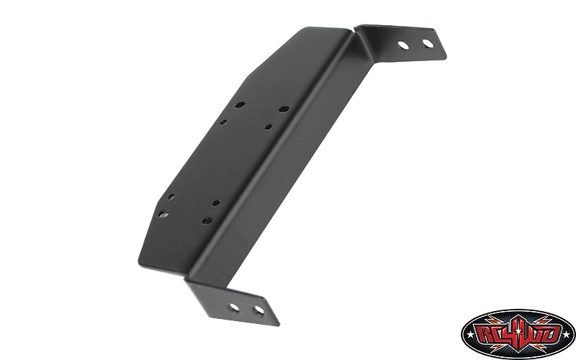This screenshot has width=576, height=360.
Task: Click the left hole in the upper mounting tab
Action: pyautogui.click(x=403, y=45)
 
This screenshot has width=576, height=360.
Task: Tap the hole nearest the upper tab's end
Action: pyautogui.click(x=428, y=43)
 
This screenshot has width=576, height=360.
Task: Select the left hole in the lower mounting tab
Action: pyautogui.click(x=234, y=307)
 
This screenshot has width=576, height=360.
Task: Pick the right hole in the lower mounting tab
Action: pyautogui.click(x=259, y=310)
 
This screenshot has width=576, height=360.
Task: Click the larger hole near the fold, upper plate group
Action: pyautogui.click(x=284, y=109)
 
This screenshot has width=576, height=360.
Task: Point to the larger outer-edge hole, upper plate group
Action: pyautogui.click(x=240, y=104)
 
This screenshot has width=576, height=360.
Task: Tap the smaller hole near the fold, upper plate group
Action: pyautogui.click(x=269, y=127)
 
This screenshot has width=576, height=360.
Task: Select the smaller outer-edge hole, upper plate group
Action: pyautogui.click(x=223, y=122)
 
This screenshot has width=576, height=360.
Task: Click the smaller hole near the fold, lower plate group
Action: pyautogui.click(x=217, y=203)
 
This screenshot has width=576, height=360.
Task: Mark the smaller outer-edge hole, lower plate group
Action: pyautogui.click(x=171, y=197)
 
